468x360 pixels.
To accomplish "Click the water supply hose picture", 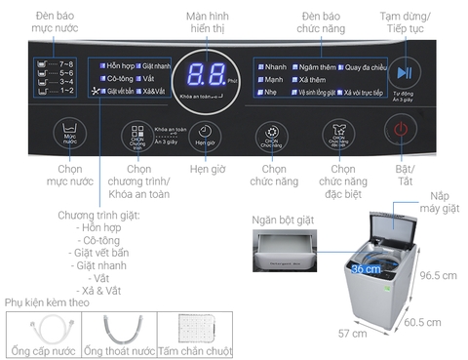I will click(38, 331).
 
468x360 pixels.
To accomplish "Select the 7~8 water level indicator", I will click(61, 63).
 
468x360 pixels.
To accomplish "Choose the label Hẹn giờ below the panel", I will click(203, 169).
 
